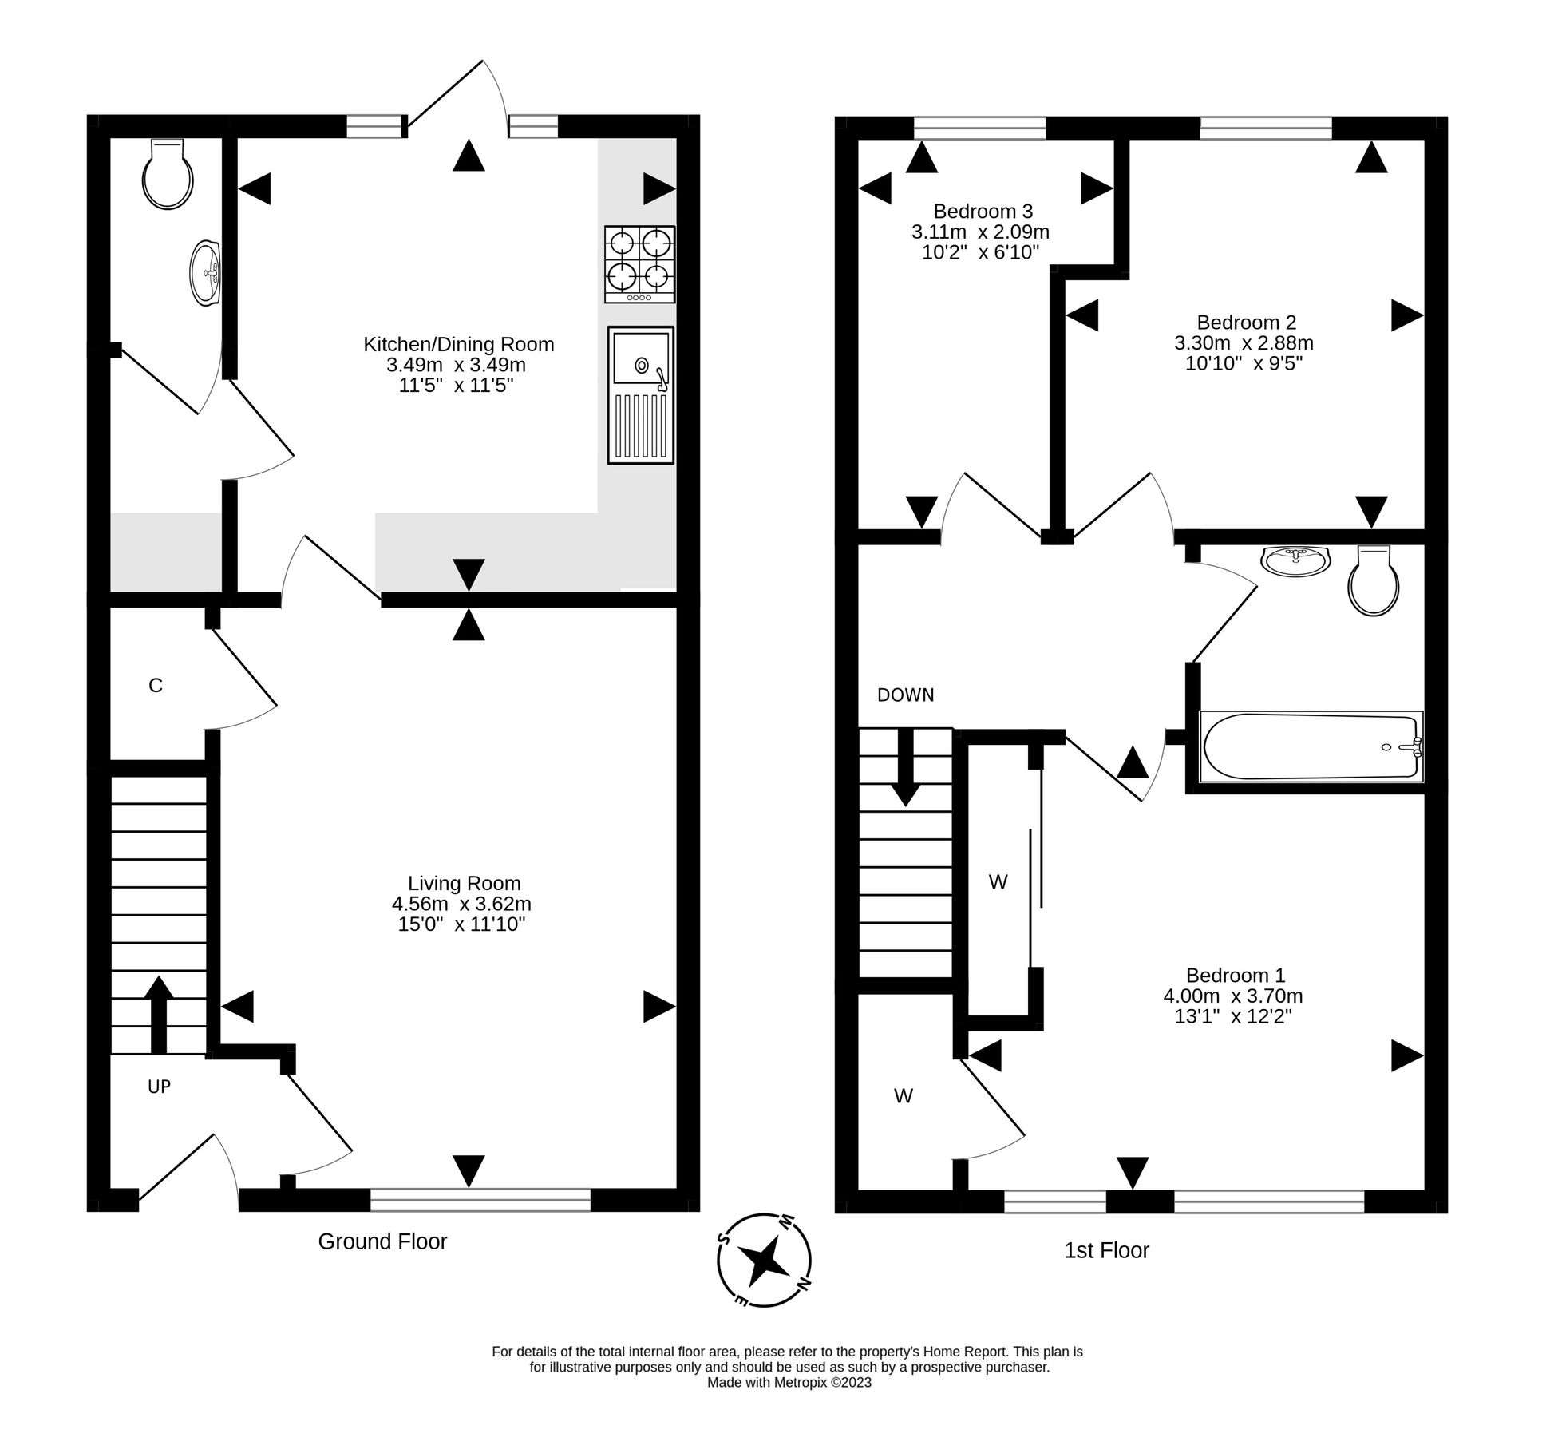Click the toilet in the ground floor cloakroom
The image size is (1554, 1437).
(x=168, y=175)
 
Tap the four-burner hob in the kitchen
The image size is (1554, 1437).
(x=639, y=264)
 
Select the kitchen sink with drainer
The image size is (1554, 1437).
(x=640, y=394)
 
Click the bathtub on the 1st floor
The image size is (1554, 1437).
(x=1311, y=746)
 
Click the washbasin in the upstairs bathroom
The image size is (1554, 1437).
(x=1295, y=560)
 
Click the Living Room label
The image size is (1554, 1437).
(x=464, y=883)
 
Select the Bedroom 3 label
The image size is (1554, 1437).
(x=983, y=212)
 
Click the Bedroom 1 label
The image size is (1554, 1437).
(x=1235, y=975)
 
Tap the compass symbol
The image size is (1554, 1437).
(x=765, y=1259)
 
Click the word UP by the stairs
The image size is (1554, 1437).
(x=159, y=1086)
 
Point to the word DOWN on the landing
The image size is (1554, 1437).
(x=905, y=695)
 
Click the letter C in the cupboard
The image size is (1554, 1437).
(x=156, y=685)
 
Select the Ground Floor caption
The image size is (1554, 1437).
(x=382, y=1241)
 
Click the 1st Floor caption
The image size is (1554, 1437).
(x=1106, y=1250)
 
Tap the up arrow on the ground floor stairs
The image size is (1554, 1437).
(x=159, y=1014)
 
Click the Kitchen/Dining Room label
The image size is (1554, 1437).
(x=458, y=344)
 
